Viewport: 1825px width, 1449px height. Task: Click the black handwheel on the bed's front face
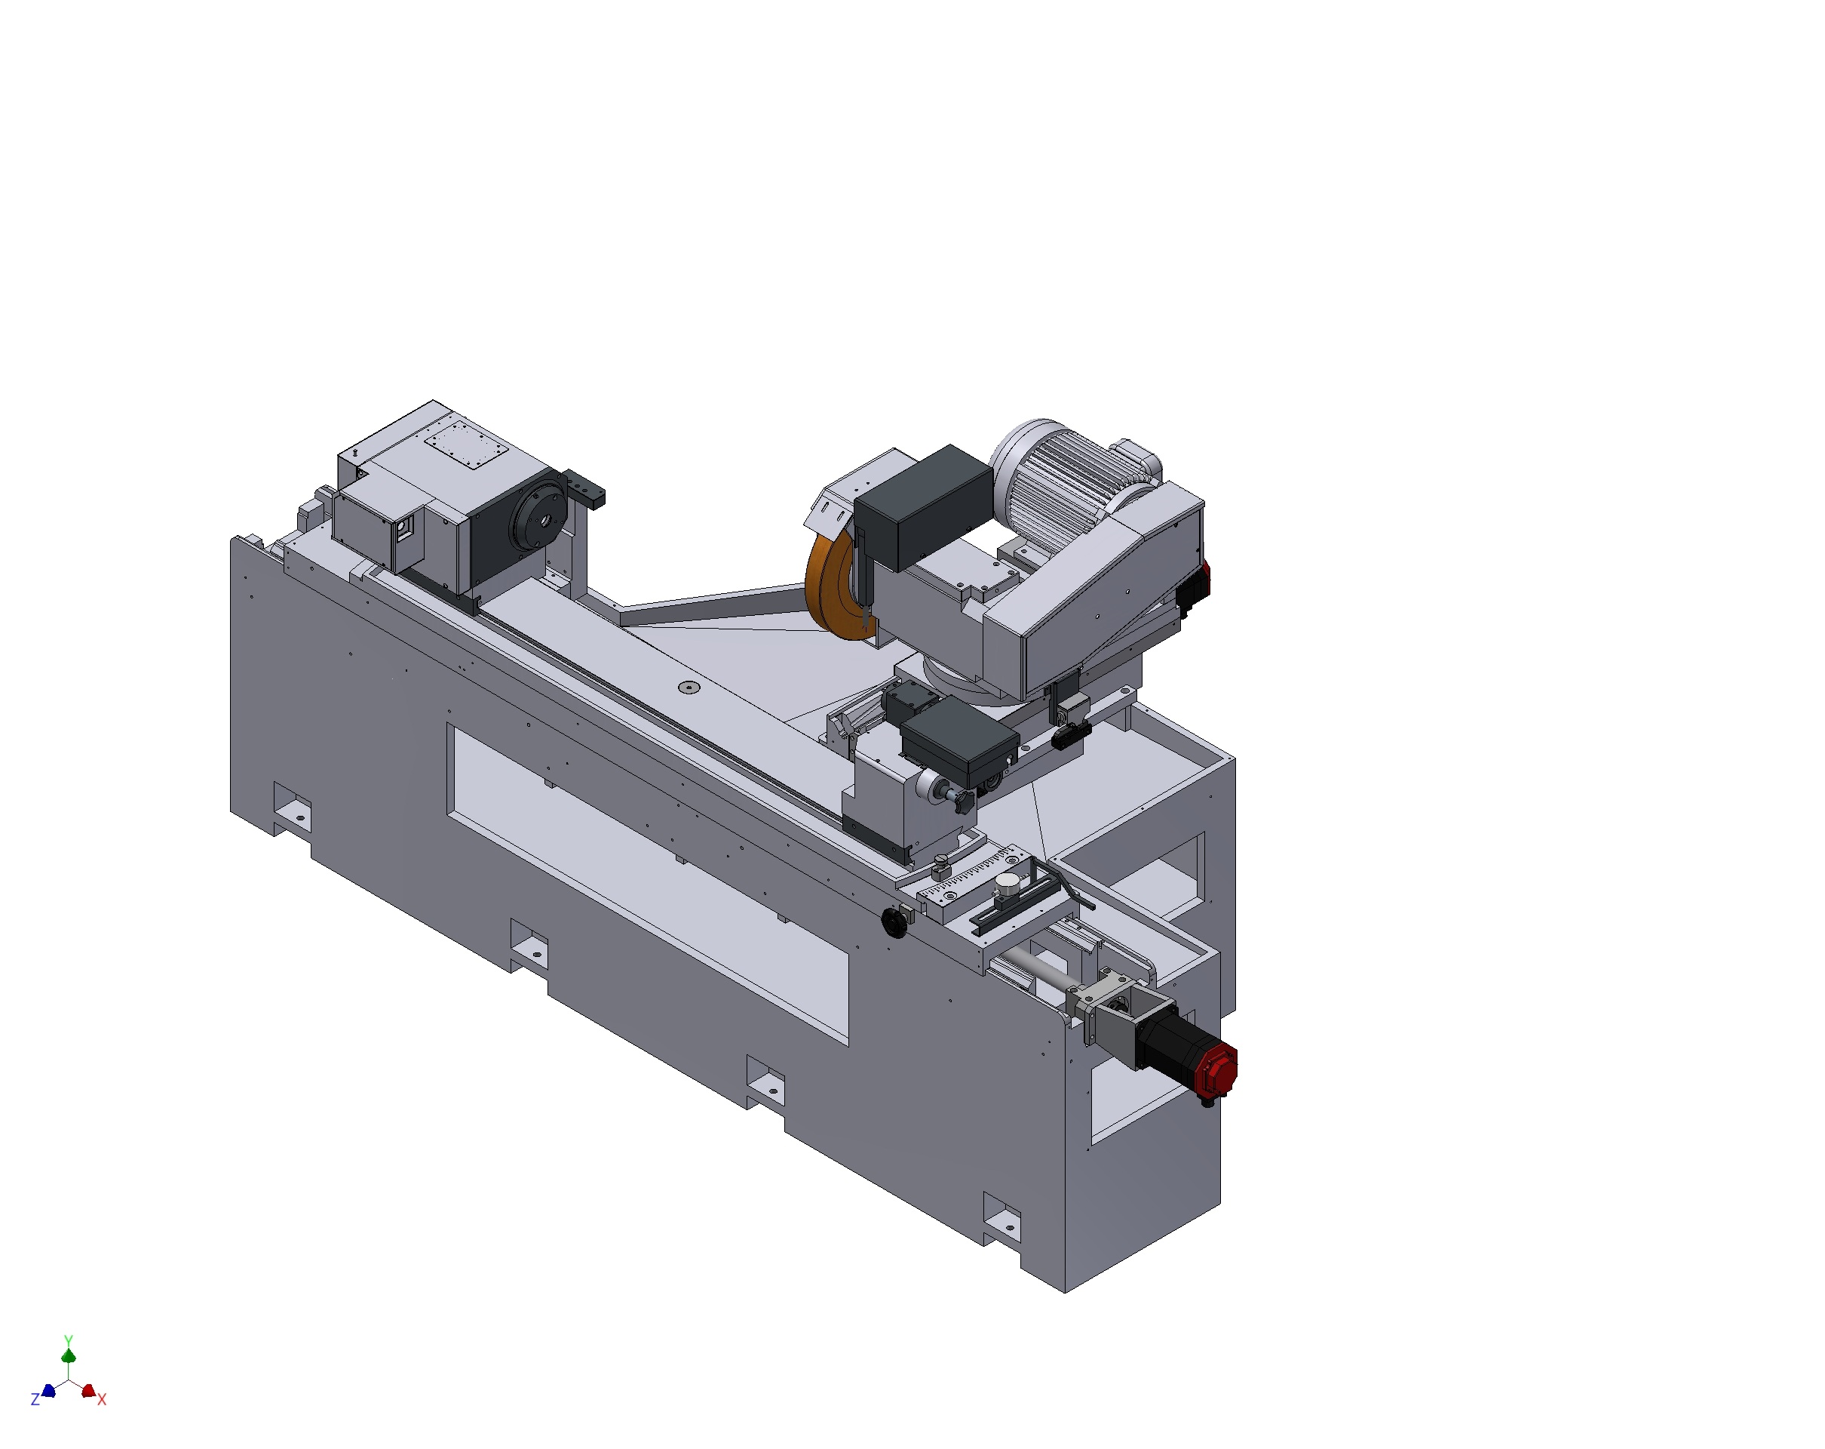coord(894,922)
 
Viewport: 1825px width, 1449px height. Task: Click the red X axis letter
coord(102,1400)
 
